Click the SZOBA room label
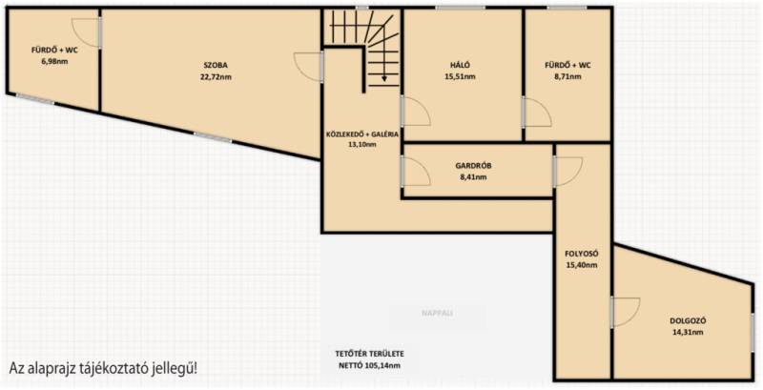(216, 65)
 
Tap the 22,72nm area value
(216, 77)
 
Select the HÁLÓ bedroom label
(460, 65)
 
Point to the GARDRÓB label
(473, 165)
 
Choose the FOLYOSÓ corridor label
(581, 254)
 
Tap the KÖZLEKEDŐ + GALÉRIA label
(362, 134)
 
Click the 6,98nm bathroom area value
(54, 61)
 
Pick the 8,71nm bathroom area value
(567, 77)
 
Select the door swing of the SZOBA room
(307, 66)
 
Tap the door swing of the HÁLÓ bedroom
(418, 111)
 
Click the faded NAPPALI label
(438, 313)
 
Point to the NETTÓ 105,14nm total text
(369, 366)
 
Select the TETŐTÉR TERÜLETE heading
(369, 354)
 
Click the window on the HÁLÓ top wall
(460, 8)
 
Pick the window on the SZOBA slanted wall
(213, 137)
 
